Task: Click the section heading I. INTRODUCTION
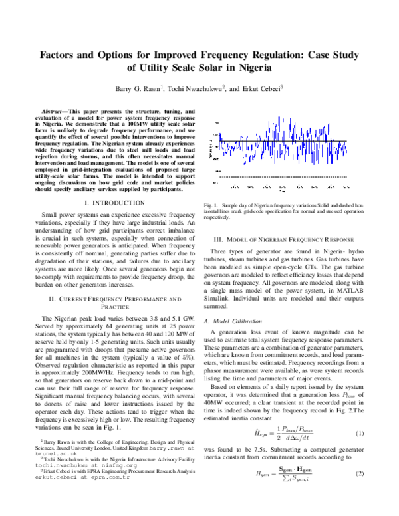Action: (x=111, y=201)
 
